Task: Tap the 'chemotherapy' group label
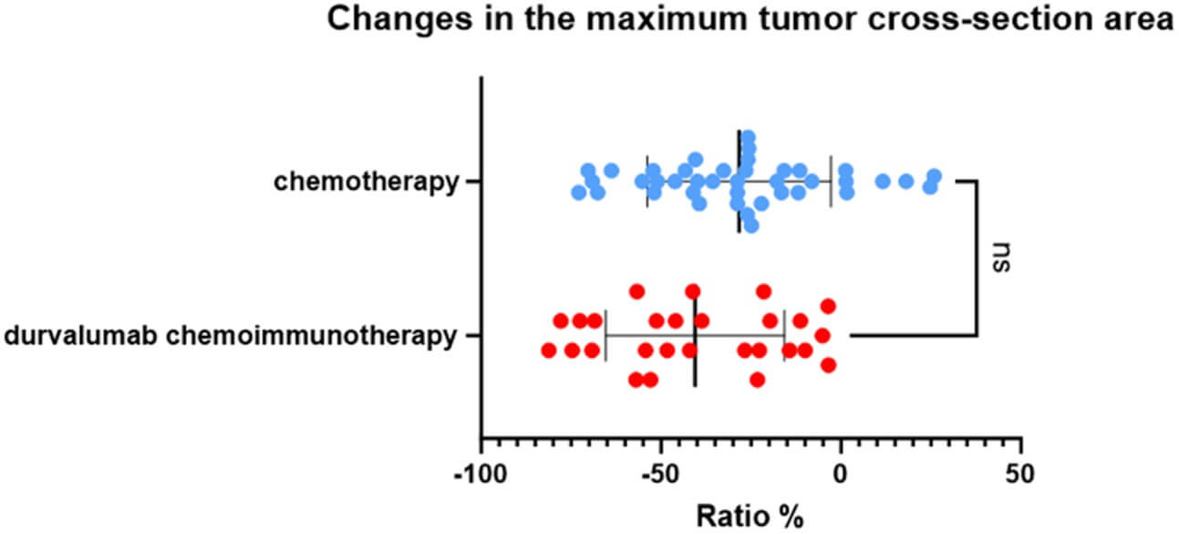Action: point(367,182)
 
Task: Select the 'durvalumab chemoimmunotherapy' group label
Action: point(230,336)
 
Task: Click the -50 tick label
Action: point(660,474)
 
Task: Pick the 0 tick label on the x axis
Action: point(841,474)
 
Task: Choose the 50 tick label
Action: point(1020,474)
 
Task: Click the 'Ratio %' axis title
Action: point(750,516)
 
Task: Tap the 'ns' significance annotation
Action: point(1001,257)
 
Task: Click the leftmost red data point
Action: point(549,350)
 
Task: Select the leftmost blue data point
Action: point(579,193)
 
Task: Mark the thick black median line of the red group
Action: point(696,342)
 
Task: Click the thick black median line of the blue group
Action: point(739,182)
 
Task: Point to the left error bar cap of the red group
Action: point(605,336)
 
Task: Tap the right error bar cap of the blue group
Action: point(831,182)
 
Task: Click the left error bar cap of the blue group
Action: point(646,182)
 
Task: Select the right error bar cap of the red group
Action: point(784,336)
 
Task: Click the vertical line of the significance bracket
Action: point(977,258)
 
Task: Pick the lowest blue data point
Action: point(752,225)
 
